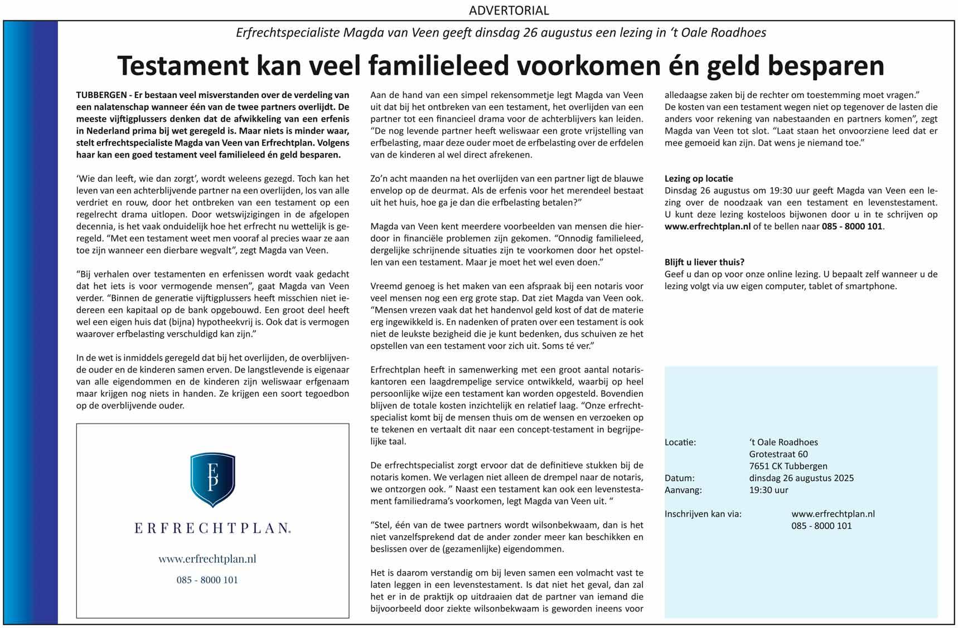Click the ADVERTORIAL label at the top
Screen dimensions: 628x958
point(509,10)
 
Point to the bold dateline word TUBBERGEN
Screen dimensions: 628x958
point(101,95)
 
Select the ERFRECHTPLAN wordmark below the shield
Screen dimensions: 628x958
point(212,528)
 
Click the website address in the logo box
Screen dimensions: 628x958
point(207,559)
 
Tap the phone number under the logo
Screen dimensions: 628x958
point(207,580)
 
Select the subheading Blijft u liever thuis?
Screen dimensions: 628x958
point(704,262)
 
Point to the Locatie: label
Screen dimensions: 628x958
point(680,442)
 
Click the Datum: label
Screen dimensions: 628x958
point(679,478)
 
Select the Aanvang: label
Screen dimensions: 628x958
point(683,490)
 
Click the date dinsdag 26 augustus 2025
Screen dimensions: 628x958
point(801,478)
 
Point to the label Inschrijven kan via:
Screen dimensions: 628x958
point(703,514)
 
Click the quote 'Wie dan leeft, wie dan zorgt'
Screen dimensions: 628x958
point(137,179)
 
